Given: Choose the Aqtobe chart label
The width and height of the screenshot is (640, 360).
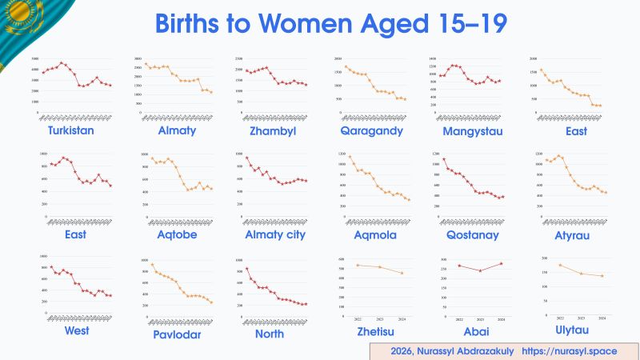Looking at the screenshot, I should coord(178,235).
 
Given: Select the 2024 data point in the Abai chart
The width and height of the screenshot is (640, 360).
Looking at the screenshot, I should coord(501,264).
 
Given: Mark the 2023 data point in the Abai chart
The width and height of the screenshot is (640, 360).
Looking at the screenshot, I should coord(480,270).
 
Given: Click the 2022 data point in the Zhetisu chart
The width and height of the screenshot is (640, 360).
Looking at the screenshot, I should coord(358,265).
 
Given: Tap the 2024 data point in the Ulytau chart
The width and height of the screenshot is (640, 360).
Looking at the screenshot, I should coord(602,276).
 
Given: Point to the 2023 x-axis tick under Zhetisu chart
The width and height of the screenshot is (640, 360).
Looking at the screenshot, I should coord(379,318).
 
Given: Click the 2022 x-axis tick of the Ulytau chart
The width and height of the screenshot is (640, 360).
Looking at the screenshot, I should coord(560,318).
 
